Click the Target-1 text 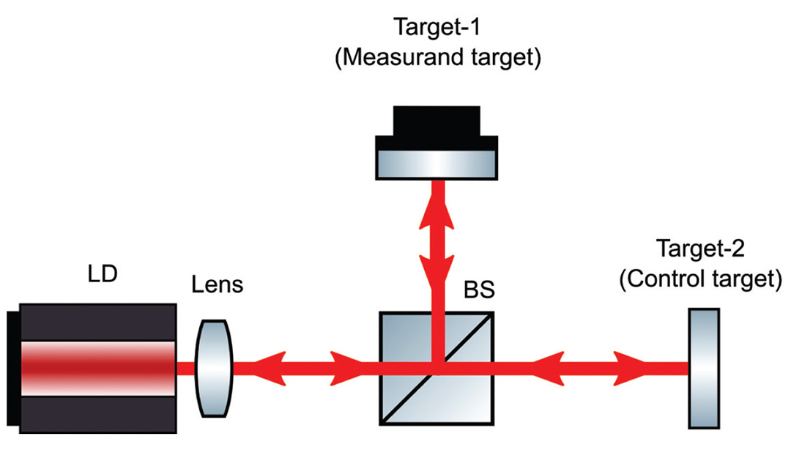[437, 31]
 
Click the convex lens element [215, 361]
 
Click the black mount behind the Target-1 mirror [437, 121]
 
